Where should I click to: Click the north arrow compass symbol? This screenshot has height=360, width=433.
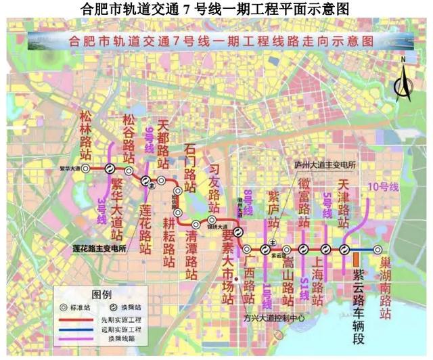[x=405, y=81]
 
